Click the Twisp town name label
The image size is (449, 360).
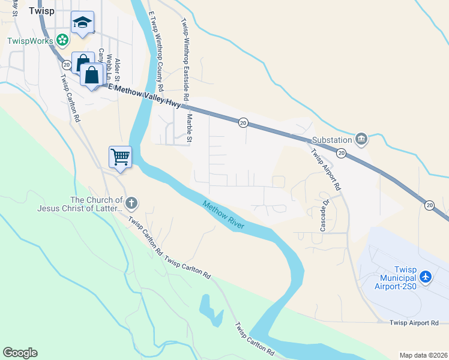pyautogui.click(x=42, y=10)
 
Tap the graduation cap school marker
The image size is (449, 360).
pyautogui.click(x=82, y=23)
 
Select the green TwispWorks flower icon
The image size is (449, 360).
pyautogui.click(x=62, y=40)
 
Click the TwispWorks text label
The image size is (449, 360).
pyautogui.click(x=31, y=41)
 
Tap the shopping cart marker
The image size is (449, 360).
pyautogui.click(x=120, y=157)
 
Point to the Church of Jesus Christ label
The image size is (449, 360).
pyautogui.click(x=79, y=205)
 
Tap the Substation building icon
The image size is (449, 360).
pyautogui.click(x=361, y=140)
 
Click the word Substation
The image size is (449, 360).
pyautogui.click(x=331, y=140)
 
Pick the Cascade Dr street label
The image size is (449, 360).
pyautogui.click(x=324, y=215)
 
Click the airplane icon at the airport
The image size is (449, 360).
pyautogui.click(x=426, y=277)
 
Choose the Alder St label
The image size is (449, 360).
pyautogui.click(x=118, y=69)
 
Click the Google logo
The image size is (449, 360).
pyautogui.click(x=20, y=353)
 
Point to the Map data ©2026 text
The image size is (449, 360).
pyautogui.click(x=423, y=355)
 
